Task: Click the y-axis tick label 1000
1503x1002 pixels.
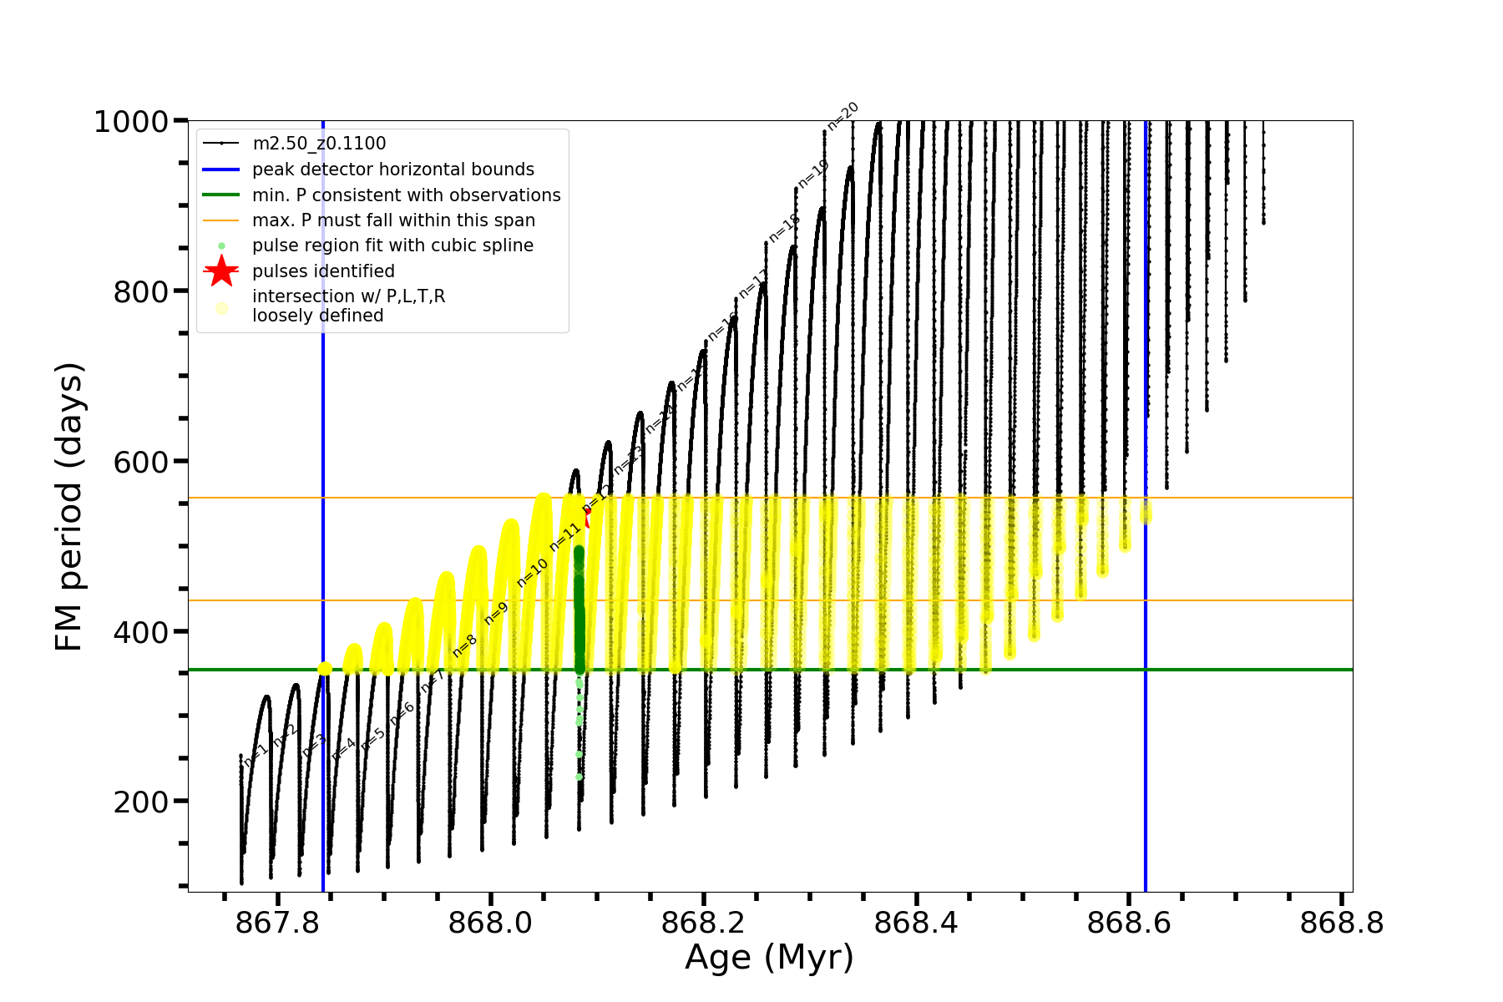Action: pyautogui.click(x=131, y=122)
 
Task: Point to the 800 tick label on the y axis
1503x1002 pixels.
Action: pyautogui.click(x=140, y=291)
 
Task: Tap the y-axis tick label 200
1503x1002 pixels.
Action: pyautogui.click(x=140, y=802)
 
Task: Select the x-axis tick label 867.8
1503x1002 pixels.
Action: pyautogui.click(x=277, y=923)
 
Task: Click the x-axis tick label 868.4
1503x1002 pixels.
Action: pyautogui.click(x=916, y=923)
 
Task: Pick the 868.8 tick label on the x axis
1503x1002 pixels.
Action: pyautogui.click(x=1342, y=923)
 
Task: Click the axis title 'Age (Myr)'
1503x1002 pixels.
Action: pyautogui.click(x=769, y=958)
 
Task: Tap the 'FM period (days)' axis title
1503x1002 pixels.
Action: pyautogui.click(x=69, y=507)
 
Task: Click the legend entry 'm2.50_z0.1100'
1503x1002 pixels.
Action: pyautogui.click(x=319, y=144)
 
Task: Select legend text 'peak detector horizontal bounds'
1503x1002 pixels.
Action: pyautogui.click(x=393, y=170)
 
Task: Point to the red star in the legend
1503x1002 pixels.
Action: pyautogui.click(x=221, y=271)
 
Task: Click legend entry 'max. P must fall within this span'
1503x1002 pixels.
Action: pyautogui.click(x=393, y=220)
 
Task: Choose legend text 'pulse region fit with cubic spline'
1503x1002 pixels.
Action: pyautogui.click(x=392, y=245)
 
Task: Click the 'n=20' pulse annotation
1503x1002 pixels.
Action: pyautogui.click(x=843, y=116)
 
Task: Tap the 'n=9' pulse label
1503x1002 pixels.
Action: pyautogui.click(x=496, y=613)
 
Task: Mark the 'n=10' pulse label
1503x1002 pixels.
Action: pyautogui.click(x=533, y=572)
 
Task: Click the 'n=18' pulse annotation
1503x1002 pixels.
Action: pyautogui.click(x=784, y=228)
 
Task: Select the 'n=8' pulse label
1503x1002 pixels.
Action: pyautogui.click(x=464, y=645)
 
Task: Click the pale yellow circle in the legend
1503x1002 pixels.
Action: pyautogui.click(x=221, y=308)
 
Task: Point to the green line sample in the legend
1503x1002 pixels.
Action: pyautogui.click(x=221, y=195)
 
